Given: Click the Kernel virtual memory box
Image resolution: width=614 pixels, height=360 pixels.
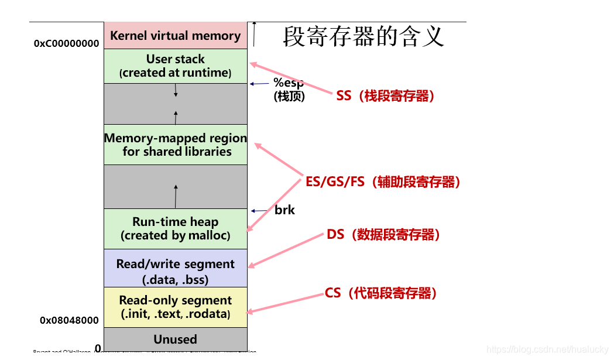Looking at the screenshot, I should [x=175, y=36].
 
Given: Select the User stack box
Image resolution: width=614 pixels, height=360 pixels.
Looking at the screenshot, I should [x=175, y=66].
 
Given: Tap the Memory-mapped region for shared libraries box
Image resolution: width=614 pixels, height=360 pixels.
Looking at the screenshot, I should [x=175, y=145].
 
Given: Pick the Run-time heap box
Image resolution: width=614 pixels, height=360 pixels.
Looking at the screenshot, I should [x=175, y=229].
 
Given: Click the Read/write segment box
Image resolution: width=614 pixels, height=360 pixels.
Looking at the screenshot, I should [x=175, y=271].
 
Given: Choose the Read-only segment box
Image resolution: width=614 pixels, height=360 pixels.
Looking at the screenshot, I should [x=175, y=307].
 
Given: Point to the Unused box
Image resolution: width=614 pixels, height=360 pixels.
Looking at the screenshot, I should [x=175, y=339].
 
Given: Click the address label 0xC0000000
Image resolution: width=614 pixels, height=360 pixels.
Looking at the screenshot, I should [x=66, y=43].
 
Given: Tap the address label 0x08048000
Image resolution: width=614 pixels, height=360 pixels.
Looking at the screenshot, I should [x=69, y=320].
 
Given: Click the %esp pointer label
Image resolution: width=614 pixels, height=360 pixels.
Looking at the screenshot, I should [x=288, y=83].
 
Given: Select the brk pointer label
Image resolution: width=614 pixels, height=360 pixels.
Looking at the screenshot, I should [x=284, y=210].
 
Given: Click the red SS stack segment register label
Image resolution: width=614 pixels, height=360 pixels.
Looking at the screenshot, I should [x=386, y=96].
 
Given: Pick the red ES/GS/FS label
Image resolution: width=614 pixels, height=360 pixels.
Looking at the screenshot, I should [x=383, y=182].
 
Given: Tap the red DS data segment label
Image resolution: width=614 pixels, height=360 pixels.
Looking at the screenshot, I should [x=383, y=235].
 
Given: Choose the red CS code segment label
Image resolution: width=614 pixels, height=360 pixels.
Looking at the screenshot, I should [x=381, y=293].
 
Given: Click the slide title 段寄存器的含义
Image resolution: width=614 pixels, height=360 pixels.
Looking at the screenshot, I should [x=363, y=36].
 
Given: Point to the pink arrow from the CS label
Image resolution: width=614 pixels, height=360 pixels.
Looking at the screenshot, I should [x=286, y=301].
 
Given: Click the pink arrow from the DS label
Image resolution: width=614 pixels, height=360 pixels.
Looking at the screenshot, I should [x=287, y=251].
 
